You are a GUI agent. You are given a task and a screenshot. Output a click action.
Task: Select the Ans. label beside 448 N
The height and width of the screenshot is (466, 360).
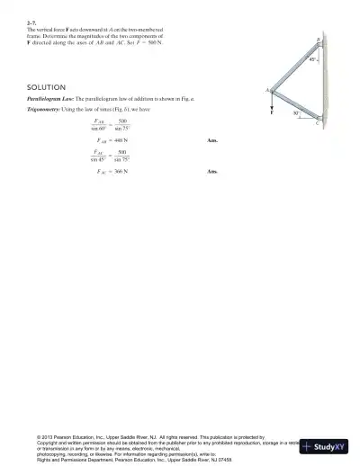click(x=212, y=141)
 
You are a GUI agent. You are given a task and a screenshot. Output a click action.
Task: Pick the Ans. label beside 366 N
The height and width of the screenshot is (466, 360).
click(x=212, y=171)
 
